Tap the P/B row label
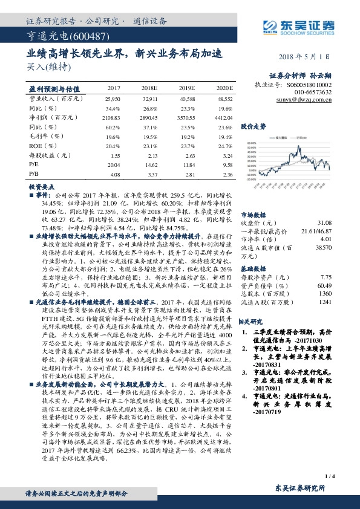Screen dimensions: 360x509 [34, 175]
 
